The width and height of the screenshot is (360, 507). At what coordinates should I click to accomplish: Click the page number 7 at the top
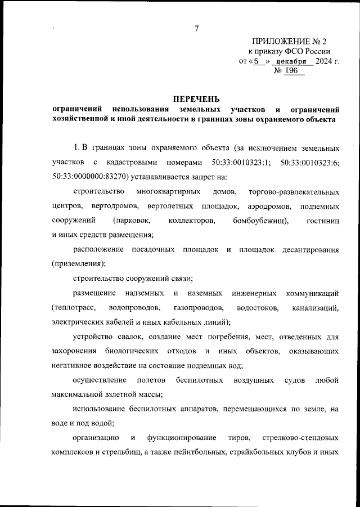pyautogui.click(x=196, y=29)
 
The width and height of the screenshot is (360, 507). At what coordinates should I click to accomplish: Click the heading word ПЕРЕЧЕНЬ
pyautogui.click(x=195, y=98)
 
